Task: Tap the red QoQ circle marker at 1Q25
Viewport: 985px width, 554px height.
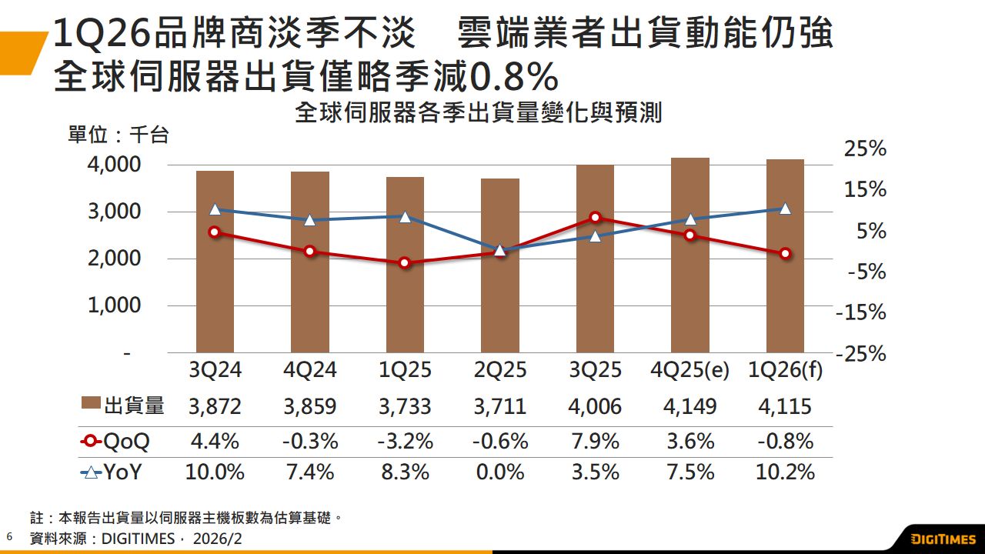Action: pyautogui.click(x=405, y=263)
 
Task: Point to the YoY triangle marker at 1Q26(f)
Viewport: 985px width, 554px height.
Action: pyautogui.click(x=785, y=209)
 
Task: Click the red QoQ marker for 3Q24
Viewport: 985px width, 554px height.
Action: pyautogui.click(x=215, y=232)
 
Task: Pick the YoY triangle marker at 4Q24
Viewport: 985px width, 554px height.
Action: pyautogui.click(x=310, y=220)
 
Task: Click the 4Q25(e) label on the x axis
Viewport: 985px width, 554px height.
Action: pyautogui.click(x=689, y=370)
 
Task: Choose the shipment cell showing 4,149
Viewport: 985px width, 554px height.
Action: pyautogui.click(x=689, y=406)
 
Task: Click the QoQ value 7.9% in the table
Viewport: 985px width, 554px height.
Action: pyautogui.click(x=595, y=442)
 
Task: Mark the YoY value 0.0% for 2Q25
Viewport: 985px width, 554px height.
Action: pyautogui.click(x=500, y=472)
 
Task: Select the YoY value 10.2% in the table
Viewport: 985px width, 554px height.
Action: pyautogui.click(x=785, y=472)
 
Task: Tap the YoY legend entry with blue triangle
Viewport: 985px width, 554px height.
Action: pyautogui.click(x=112, y=472)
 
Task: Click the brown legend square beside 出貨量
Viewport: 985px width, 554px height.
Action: pyautogui.click(x=91, y=405)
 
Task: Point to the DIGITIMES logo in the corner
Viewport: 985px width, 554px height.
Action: pyautogui.click(x=943, y=538)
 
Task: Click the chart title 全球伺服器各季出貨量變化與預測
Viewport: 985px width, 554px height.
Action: pyautogui.click(x=478, y=114)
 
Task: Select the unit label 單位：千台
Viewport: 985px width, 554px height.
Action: pyautogui.click(x=118, y=135)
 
